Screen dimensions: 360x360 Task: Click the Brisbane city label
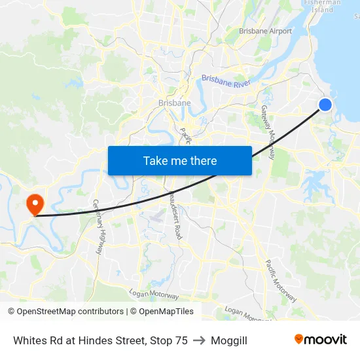pyautogui.click(x=175, y=103)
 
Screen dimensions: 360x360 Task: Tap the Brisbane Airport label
pyautogui.click(x=265, y=31)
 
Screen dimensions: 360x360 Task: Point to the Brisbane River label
pyautogui.click(x=226, y=82)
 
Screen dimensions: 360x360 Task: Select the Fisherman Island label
pyautogui.click(x=323, y=6)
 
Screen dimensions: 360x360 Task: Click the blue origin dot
pyautogui.click(x=325, y=105)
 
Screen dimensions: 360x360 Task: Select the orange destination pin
pyautogui.click(x=33, y=204)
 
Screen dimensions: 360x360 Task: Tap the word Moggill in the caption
pyautogui.click(x=229, y=340)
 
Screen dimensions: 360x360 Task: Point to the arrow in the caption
pyautogui.click(x=199, y=340)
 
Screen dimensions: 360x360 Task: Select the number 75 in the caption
pyautogui.click(x=181, y=340)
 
